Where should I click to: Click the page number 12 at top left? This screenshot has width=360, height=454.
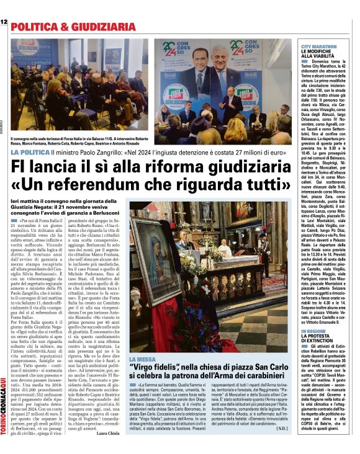click(4, 23)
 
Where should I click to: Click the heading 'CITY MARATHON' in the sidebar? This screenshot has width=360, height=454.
click(319, 47)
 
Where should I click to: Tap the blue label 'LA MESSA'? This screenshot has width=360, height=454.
click(143, 359)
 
